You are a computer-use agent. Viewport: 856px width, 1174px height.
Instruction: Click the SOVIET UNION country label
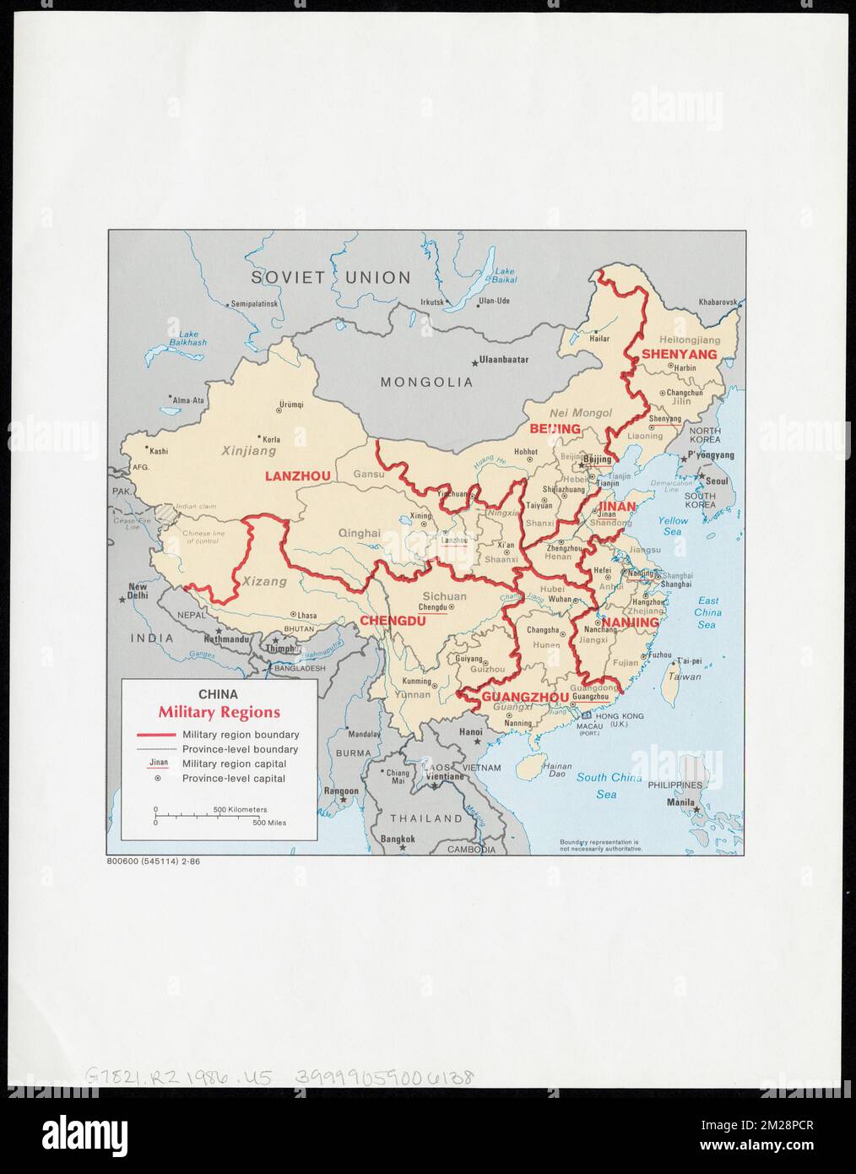(331, 277)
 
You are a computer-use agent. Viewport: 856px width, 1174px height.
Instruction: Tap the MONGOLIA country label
(426, 382)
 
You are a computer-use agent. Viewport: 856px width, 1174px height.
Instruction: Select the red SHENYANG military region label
(679, 354)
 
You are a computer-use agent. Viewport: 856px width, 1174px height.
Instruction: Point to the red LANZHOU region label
(298, 476)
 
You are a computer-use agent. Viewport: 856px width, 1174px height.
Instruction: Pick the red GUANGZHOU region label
(525, 697)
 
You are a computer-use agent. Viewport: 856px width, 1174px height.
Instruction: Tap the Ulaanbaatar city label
(503, 360)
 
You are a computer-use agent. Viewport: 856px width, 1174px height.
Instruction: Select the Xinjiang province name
(249, 452)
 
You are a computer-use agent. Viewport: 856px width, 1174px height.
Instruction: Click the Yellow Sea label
(673, 525)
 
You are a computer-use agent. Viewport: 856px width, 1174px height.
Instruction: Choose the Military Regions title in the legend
(219, 713)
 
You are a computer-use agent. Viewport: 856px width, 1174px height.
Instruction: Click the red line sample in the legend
(155, 735)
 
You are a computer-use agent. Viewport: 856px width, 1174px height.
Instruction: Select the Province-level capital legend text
(234, 779)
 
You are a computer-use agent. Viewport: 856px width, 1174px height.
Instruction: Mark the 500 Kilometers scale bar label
(240, 809)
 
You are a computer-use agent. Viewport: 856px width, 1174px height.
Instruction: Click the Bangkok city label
(398, 839)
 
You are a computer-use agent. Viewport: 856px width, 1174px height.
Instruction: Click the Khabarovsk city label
(718, 302)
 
